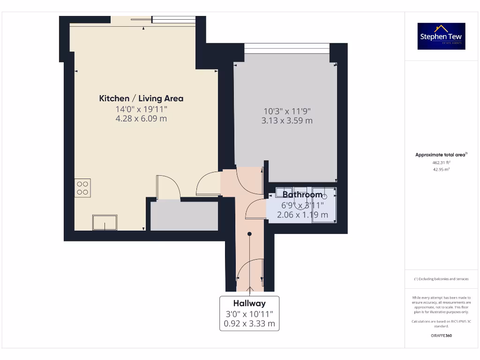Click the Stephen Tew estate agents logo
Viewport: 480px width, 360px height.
click(441, 36)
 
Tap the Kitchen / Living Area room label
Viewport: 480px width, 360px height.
click(141, 98)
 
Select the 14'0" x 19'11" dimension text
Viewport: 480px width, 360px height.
click(141, 109)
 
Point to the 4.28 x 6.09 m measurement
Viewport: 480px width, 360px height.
click(141, 119)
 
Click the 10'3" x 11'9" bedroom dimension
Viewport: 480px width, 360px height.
click(287, 111)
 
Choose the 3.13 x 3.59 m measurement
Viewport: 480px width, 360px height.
click(287, 121)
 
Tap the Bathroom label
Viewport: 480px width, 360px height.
click(302, 195)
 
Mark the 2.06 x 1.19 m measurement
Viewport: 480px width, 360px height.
click(302, 215)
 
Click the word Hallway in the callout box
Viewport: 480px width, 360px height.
click(249, 303)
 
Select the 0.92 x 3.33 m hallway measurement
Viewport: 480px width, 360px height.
click(249, 323)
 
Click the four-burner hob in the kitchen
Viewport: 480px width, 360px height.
click(82, 187)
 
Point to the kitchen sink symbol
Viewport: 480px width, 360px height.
click(105, 222)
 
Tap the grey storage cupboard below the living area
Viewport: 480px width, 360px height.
click(184, 216)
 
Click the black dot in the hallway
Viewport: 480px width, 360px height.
click(249, 233)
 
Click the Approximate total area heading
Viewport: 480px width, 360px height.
click(441, 155)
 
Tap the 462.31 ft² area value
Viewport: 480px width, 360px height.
click(441, 162)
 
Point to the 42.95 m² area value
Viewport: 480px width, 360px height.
click(441, 169)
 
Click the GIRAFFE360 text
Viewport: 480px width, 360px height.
click(441, 336)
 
